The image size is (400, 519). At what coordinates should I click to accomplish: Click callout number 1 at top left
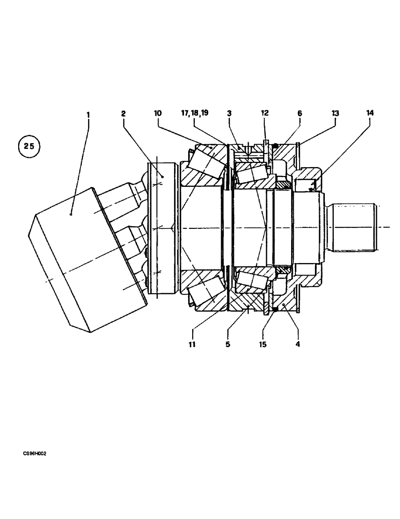88,114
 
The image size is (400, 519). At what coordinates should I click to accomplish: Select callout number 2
123,114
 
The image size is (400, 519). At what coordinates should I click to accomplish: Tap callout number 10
158,113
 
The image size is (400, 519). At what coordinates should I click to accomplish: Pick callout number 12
265,113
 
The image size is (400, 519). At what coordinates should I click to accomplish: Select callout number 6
299,113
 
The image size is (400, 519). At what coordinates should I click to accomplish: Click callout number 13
335,113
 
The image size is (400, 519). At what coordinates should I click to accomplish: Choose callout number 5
227,344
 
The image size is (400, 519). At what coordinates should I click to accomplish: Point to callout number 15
263,344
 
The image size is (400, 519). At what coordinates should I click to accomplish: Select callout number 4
297,344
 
